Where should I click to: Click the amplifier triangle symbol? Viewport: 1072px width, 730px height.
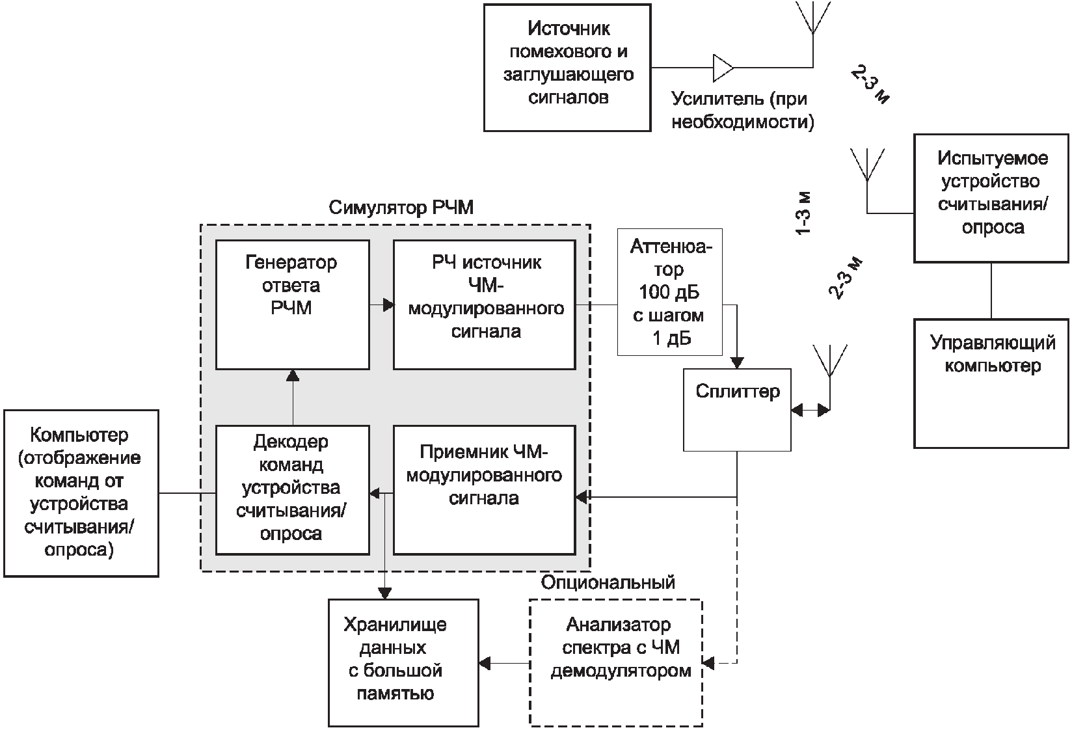(x=723, y=67)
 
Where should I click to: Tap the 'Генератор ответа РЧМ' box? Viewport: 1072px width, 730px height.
(x=292, y=304)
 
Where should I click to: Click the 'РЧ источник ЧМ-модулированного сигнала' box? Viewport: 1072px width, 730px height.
(x=485, y=304)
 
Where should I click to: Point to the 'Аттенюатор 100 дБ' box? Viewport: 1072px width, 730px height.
(x=669, y=292)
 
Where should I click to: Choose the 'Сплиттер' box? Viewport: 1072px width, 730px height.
(x=736, y=410)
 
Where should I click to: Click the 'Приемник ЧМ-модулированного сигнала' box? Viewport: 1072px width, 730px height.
(x=485, y=489)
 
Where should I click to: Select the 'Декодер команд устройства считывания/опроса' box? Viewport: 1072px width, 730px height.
(x=292, y=489)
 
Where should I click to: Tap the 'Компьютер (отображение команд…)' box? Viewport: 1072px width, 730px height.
(x=81, y=493)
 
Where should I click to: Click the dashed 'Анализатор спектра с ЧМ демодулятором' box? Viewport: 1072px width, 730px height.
(x=615, y=662)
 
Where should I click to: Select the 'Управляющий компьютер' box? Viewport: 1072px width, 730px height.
(x=991, y=383)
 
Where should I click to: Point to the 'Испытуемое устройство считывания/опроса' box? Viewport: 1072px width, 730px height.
(x=991, y=198)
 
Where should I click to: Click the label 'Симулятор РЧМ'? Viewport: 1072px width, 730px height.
(x=401, y=208)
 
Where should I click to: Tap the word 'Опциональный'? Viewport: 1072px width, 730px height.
(x=608, y=582)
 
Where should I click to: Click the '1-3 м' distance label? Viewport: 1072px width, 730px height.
(x=804, y=213)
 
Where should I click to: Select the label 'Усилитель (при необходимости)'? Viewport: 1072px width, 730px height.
(x=742, y=110)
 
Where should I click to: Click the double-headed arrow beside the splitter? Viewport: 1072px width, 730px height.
(x=811, y=410)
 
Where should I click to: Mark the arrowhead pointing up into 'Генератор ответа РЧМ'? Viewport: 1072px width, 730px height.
(x=293, y=375)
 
